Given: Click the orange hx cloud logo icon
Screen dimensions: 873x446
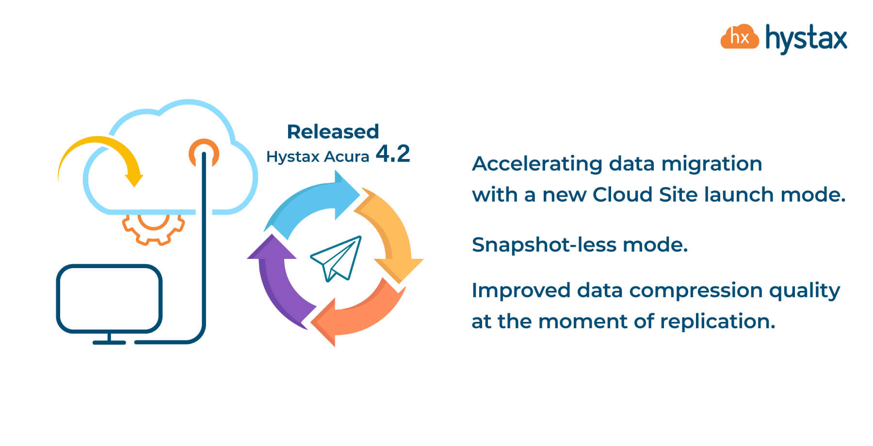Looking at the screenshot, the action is [739, 36].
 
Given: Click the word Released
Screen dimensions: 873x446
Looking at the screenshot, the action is [333, 131].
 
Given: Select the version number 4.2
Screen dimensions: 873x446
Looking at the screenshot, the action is [393, 154].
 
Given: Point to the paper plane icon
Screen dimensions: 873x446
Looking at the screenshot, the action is [336, 258].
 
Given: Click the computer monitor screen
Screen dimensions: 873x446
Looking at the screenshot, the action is [109, 299].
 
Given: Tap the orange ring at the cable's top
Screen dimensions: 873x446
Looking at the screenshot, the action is [204, 153].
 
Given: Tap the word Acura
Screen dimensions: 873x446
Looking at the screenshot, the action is [346, 157].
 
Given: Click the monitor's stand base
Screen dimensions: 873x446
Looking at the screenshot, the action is [109, 342].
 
